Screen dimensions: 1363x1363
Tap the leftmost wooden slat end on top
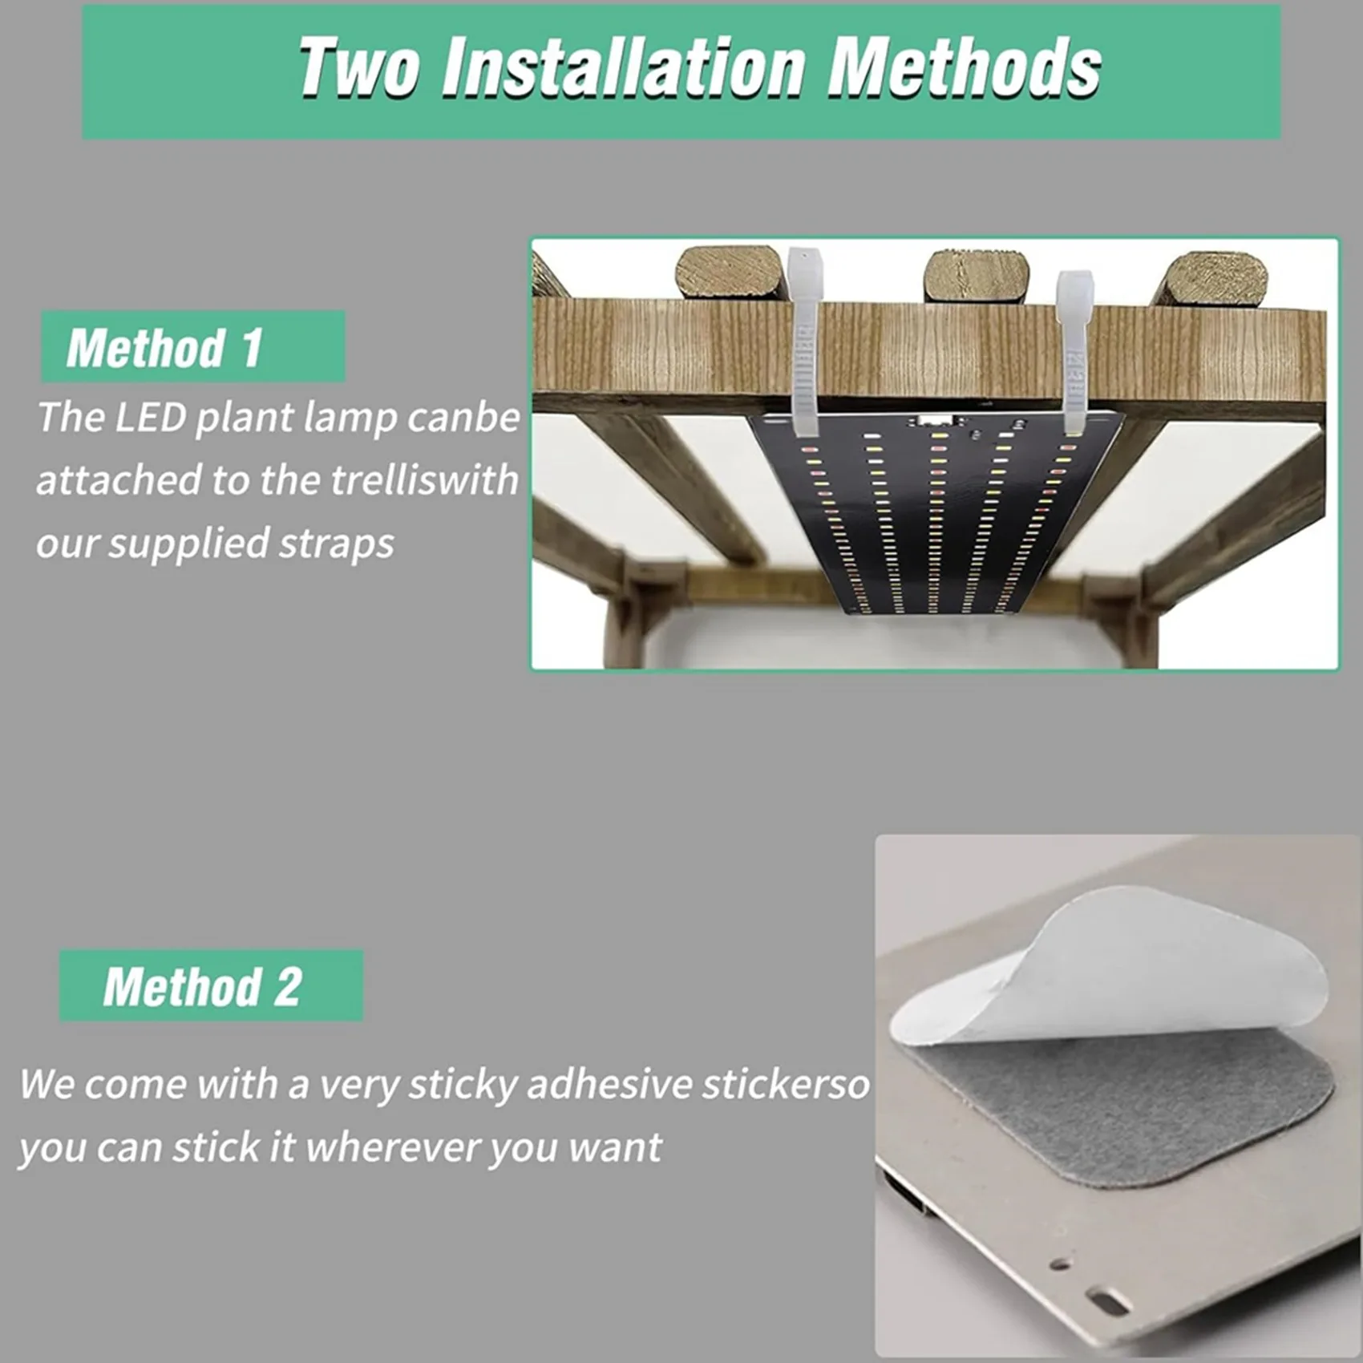tap(728, 273)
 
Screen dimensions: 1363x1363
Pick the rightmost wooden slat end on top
tap(1215, 279)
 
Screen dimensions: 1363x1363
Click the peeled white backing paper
tap(1122, 970)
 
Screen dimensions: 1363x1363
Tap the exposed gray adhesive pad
tap(1139, 1106)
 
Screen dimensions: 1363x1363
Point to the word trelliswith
tap(424, 480)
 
